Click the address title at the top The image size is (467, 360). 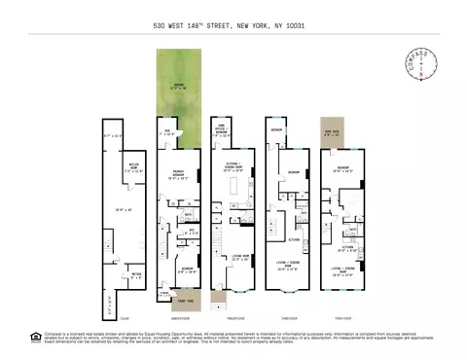(233, 26)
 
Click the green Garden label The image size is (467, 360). (177, 87)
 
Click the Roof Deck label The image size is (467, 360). (331, 131)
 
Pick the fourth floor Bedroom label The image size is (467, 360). (344, 168)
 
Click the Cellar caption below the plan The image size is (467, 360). (124, 318)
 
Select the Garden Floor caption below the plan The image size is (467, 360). (178, 318)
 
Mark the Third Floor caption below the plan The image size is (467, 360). (289, 318)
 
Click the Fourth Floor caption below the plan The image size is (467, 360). (343, 318)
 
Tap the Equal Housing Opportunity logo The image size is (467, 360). (36, 337)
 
